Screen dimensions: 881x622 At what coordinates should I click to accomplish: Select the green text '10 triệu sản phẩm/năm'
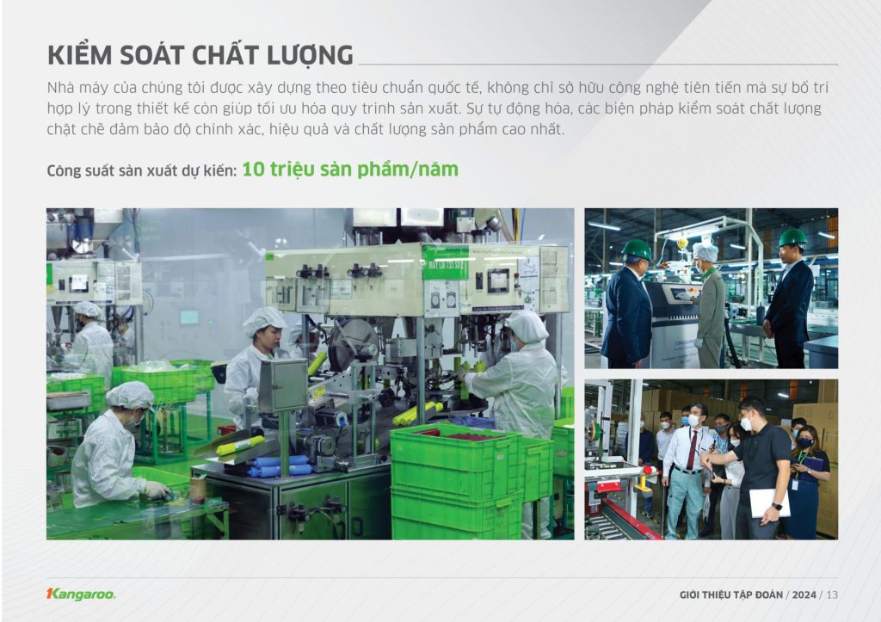click(x=350, y=169)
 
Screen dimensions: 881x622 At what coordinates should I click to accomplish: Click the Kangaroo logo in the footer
click(x=81, y=594)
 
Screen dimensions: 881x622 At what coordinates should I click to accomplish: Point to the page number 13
click(x=832, y=594)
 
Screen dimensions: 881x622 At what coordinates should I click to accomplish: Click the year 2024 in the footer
click(x=804, y=594)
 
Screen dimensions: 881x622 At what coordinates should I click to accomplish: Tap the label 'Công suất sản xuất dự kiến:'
click(x=142, y=171)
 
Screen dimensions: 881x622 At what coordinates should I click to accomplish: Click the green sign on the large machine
click(x=445, y=262)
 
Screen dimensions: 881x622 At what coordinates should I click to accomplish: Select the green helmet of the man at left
click(x=637, y=249)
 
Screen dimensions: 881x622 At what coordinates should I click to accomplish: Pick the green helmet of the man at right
click(x=792, y=237)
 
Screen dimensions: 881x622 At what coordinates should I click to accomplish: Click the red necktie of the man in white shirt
click(x=692, y=449)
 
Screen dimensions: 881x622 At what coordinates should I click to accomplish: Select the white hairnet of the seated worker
click(x=130, y=395)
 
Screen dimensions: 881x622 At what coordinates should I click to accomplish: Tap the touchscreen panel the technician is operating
click(x=681, y=294)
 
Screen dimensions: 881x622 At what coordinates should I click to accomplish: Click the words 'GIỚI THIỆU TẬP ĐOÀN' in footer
click(x=731, y=594)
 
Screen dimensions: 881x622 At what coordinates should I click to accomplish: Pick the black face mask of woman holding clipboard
click(x=805, y=443)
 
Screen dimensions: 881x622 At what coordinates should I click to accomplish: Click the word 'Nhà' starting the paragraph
click(x=61, y=88)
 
